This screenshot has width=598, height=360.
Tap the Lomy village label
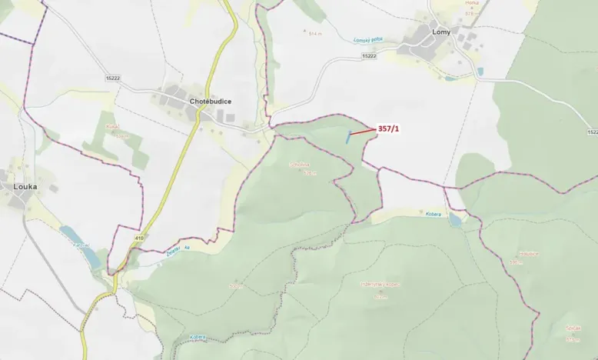(441, 32)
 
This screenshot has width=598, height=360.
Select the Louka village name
(26, 186)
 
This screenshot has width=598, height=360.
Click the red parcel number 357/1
(389, 129)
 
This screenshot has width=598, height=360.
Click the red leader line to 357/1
(363, 133)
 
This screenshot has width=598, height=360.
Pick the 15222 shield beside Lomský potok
(369, 55)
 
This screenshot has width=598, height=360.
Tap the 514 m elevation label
(314, 34)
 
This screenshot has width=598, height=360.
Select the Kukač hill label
(113, 125)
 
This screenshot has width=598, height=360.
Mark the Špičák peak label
(573, 326)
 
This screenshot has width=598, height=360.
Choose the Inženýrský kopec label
(380, 284)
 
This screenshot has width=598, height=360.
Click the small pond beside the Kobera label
(456, 220)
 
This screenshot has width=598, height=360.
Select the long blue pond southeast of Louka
(80, 246)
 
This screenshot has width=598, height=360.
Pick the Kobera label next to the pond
(430, 213)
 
